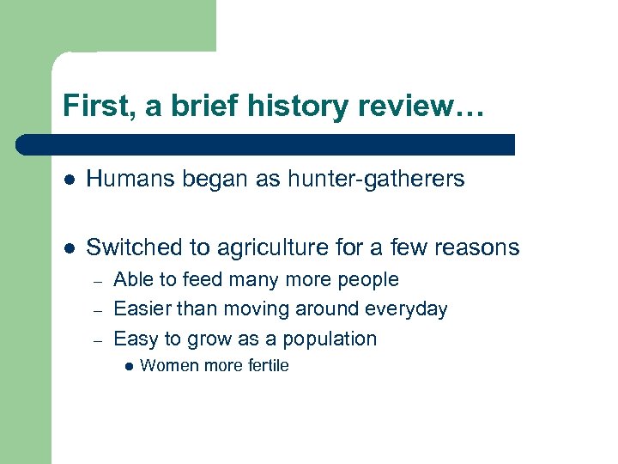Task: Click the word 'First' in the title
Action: [91, 107]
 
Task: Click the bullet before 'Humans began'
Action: [68, 180]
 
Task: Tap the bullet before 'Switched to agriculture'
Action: [68, 248]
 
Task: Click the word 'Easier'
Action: [141, 309]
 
